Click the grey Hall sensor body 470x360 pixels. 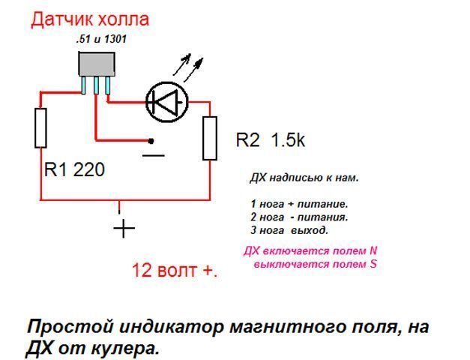(x=96, y=64)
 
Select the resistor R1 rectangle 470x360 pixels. (x=40, y=127)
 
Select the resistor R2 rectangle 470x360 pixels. (x=209, y=138)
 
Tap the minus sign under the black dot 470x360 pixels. (x=153, y=155)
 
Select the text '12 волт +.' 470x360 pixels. (x=174, y=271)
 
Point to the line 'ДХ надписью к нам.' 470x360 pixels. (x=304, y=178)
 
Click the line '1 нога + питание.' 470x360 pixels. (x=299, y=204)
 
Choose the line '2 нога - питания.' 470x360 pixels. (x=299, y=217)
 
